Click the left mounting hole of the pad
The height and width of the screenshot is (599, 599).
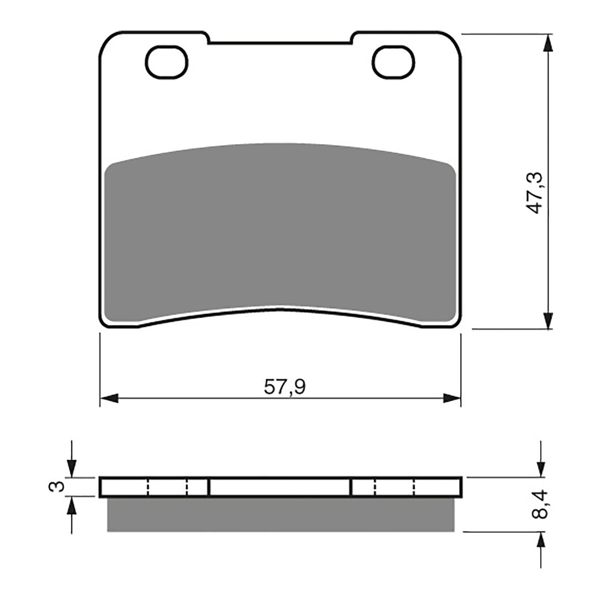(x=166, y=62)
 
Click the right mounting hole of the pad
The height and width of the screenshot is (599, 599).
(x=394, y=62)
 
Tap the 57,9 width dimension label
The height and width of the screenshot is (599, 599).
(x=285, y=387)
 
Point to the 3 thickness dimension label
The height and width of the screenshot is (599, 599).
(x=54, y=487)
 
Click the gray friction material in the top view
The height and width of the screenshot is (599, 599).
(x=280, y=233)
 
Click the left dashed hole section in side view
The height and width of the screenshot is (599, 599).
(x=167, y=487)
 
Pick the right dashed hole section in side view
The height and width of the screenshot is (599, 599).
(x=395, y=487)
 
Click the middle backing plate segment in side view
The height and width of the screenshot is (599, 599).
(x=280, y=487)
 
